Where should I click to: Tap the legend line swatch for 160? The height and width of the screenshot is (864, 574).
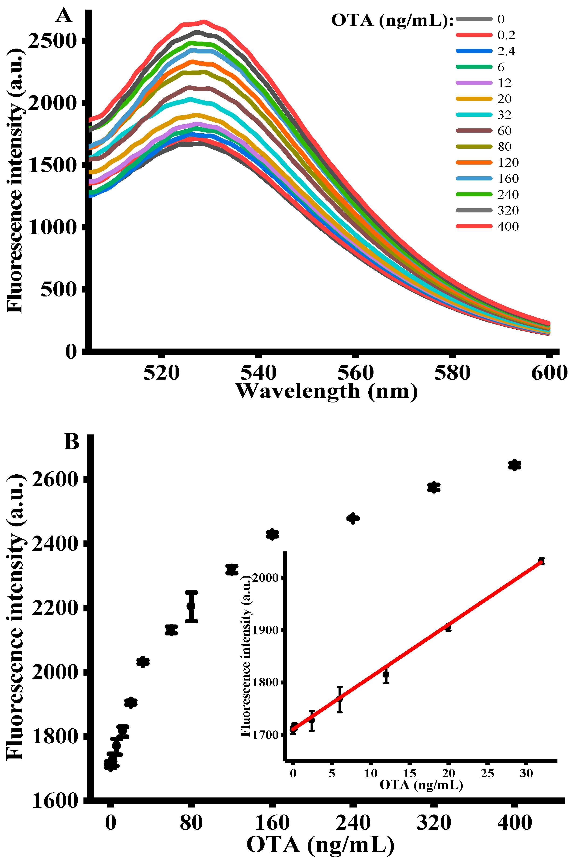(x=474, y=179)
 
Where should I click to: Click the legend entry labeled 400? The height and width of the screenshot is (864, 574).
(x=508, y=226)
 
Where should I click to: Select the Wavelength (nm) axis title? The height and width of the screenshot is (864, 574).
(x=327, y=391)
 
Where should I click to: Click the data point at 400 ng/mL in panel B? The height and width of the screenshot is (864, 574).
(x=515, y=465)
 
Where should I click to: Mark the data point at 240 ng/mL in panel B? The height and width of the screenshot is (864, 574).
(x=353, y=518)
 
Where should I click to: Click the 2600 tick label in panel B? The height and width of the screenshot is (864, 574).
(x=55, y=480)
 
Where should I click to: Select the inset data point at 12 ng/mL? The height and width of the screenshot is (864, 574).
(x=386, y=674)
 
